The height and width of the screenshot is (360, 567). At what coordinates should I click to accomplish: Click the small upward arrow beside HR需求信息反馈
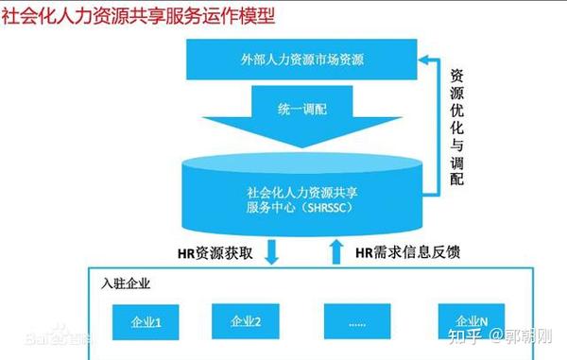332,250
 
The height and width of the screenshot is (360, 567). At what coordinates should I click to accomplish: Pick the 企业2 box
246,320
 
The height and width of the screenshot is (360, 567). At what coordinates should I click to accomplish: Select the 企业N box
470,320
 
